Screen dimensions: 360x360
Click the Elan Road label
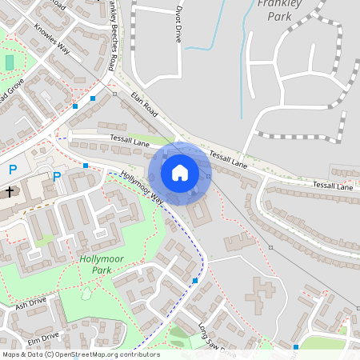pos(146,104)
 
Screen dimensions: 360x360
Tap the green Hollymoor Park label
pos(106,265)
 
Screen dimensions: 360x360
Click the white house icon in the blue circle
pos(180,172)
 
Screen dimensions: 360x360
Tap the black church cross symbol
pos(10,192)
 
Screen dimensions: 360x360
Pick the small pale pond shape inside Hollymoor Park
pos(86,294)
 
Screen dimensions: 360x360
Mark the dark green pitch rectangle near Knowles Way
pos(10,62)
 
